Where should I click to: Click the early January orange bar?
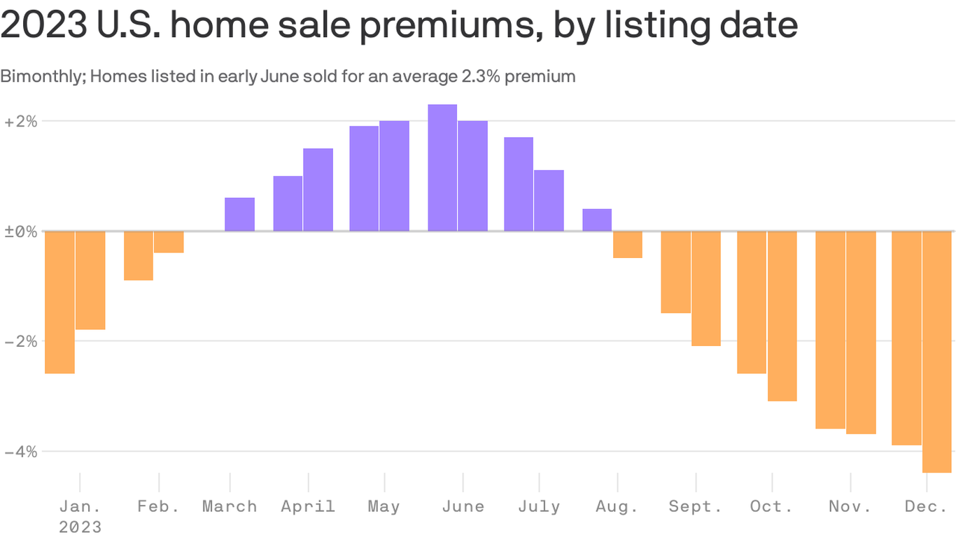[x=59, y=302]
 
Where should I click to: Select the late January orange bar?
[x=90, y=280]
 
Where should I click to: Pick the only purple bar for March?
[x=239, y=215]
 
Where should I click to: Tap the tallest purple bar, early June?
[x=442, y=168]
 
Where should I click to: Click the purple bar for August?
[x=597, y=220]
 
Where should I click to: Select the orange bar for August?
[x=628, y=245]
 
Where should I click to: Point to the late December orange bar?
[x=936, y=352]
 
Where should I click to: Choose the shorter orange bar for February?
[x=169, y=242]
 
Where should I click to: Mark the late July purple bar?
[x=549, y=201]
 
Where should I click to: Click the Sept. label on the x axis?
[x=695, y=506]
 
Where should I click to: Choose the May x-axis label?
[x=384, y=506]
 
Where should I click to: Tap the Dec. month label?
[x=925, y=506]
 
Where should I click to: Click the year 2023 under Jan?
[x=80, y=527]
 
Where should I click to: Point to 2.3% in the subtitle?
[x=481, y=76]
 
